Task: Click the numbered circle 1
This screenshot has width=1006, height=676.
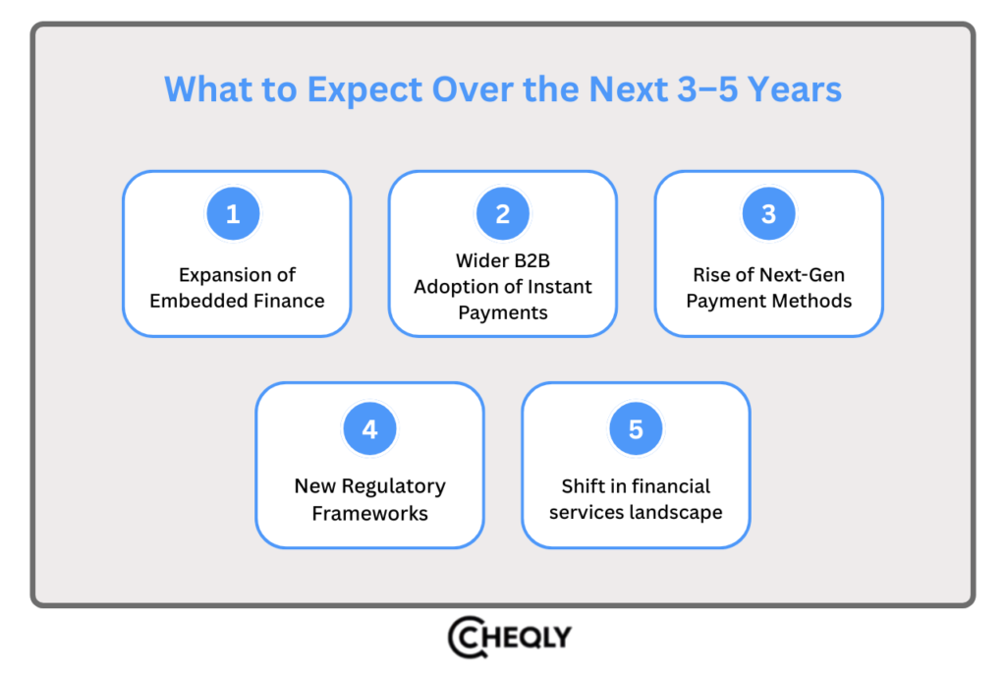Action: [x=233, y=214]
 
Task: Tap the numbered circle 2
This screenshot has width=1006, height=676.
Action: [x=503, y=214]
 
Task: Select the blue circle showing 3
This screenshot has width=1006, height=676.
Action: [x=768, y=214]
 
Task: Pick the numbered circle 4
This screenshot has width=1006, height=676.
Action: [x=369, y=429]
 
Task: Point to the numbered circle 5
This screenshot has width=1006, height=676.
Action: [x=636, y=429]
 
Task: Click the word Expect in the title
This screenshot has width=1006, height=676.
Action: [x=363, y=89]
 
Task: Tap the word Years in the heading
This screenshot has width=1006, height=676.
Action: [x=794, y=89]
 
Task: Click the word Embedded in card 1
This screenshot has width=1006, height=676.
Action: [x=193, y=301]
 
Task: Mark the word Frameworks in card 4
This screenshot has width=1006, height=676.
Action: [x=369, y=512]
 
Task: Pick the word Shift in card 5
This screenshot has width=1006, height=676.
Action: [x=583, y=486]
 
